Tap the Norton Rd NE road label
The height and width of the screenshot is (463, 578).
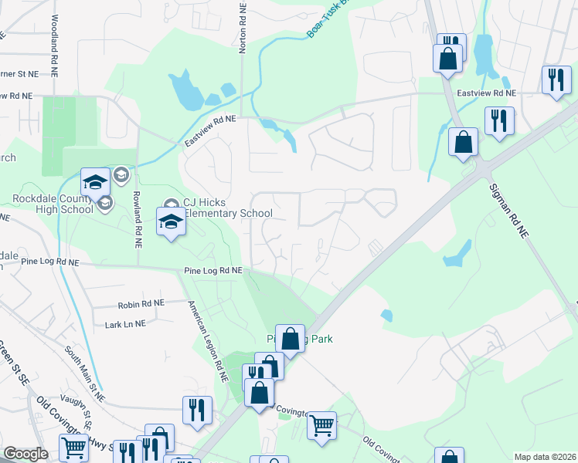[x=243, y=27]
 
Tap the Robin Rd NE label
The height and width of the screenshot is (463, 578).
[x=142, y=306]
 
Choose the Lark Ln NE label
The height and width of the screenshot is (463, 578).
[x=124, y=325]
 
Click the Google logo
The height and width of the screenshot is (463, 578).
[x=25, y=454]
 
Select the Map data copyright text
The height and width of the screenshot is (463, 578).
[x=545, y=457]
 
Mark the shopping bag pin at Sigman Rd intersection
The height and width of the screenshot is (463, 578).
[x=463, y=142]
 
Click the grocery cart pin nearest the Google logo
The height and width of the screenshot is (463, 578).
[x=74, y=448]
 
